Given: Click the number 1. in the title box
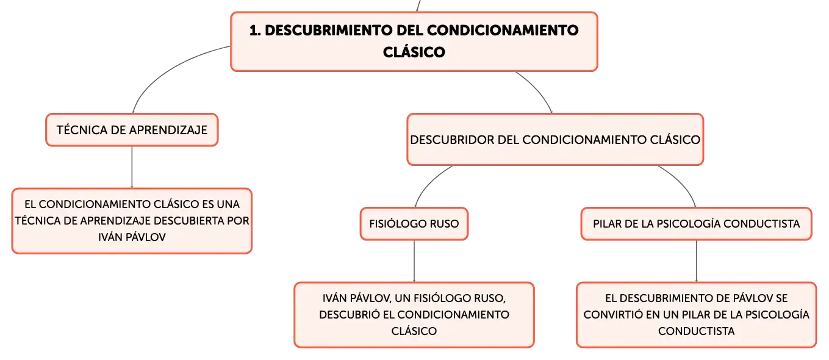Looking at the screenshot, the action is (255, 31).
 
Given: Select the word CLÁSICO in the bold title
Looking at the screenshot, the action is (414, 52).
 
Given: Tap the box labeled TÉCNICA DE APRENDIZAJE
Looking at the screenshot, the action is (132, 130).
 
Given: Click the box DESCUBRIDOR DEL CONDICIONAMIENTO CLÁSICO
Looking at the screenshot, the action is (555, 140).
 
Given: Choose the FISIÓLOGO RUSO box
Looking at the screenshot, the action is (414, 224).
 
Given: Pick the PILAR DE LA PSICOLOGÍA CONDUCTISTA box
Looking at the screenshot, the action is (696, 224).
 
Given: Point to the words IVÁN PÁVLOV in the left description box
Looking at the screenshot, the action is (132, 237).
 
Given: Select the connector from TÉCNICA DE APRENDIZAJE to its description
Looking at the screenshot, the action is (132, 167).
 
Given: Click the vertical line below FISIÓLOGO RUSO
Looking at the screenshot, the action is (414, 262).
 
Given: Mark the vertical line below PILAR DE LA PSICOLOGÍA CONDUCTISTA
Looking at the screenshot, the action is (697, 262).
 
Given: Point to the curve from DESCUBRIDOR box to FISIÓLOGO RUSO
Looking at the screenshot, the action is (429, 182).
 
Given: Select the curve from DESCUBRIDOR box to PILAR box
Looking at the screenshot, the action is (683, 182).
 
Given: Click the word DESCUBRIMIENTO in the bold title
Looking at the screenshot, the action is (328, 31).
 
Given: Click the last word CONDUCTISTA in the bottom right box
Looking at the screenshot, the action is (696, 331).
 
